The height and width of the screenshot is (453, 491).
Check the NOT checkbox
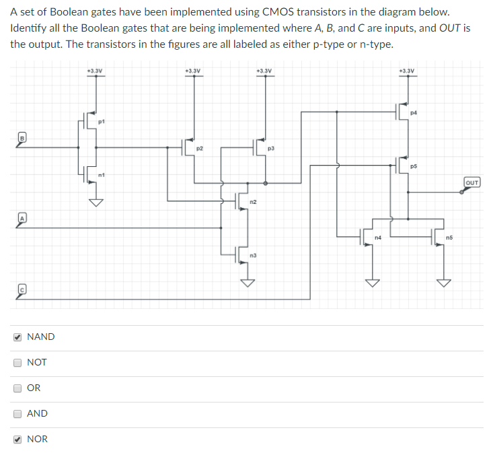tap(18, 362)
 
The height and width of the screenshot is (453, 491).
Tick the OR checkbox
tap(18, 388)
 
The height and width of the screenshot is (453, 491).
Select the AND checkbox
tap(18, 413)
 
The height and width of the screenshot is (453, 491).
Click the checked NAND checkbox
tap(18, 337)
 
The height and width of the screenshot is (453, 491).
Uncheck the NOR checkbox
tap(18, 439)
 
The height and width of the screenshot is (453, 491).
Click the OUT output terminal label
tap(472, 182)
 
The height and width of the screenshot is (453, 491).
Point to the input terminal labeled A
tap(21, 217)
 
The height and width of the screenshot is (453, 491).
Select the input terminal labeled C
tap(21, 287)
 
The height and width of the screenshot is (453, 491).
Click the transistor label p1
tap(101, 122)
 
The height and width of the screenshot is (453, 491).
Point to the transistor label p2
tap(200, 147)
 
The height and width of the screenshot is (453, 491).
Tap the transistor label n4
tap(378, 238)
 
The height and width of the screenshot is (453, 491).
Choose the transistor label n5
tap(449, 238)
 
